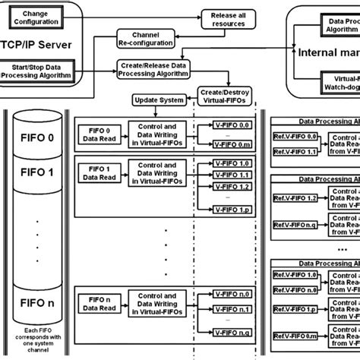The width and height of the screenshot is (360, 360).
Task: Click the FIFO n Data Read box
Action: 99,302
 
